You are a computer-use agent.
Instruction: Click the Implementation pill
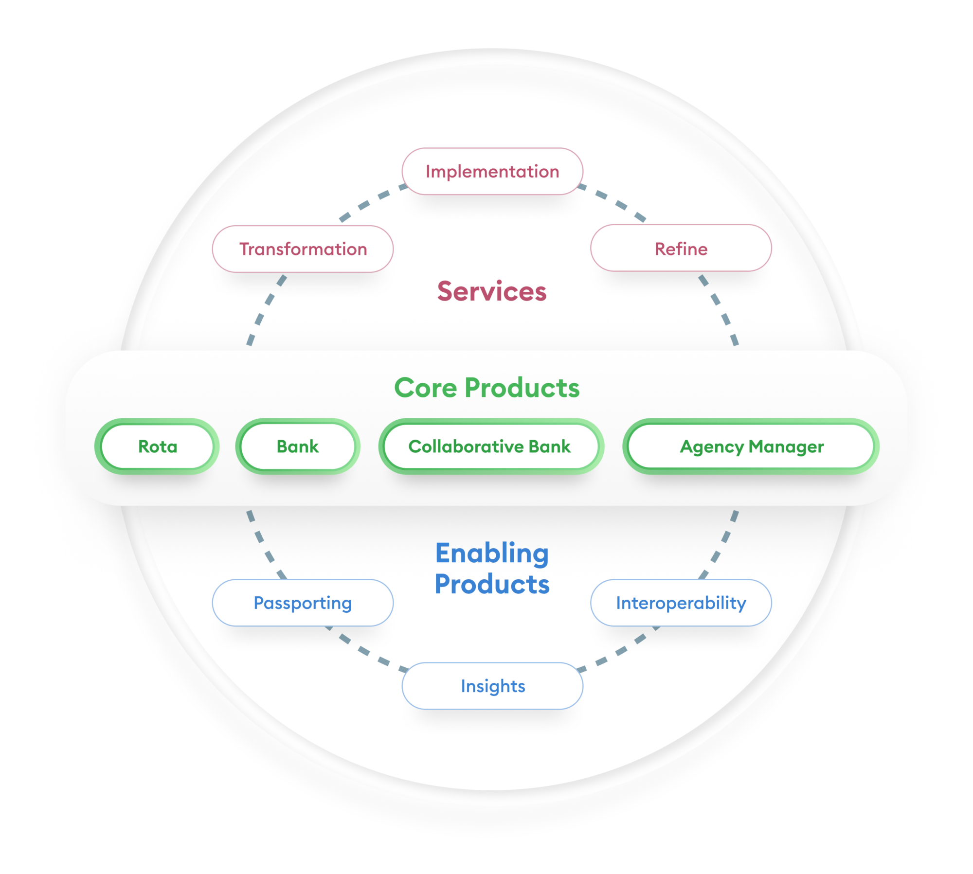pyautogui.click(x=492, y=172)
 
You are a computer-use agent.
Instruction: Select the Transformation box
pyautogui.click(x=303, y=249)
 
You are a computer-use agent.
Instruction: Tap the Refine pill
pyautogui.click(x=681, y=249)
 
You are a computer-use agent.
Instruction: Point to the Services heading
pyautogui.click(x=492, y=291)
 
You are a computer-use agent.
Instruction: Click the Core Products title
pyautogui.click(x=486, y=388)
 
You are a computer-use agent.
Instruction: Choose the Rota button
pyautogui.click(x=157, y=446)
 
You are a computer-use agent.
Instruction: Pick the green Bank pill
pyautogui.click(x=297, y=446)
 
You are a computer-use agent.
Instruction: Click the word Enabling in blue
pyautogui.click(x=492, y=553)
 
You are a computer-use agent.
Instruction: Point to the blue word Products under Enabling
pyautogui.click(x=492, y=584)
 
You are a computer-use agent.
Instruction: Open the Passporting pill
pyautogui.click(x=303, y=603)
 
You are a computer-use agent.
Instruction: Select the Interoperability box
pyautogui.click(x=681, y=603)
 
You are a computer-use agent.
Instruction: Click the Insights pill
pyautogui.click(x=492, y=686)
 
